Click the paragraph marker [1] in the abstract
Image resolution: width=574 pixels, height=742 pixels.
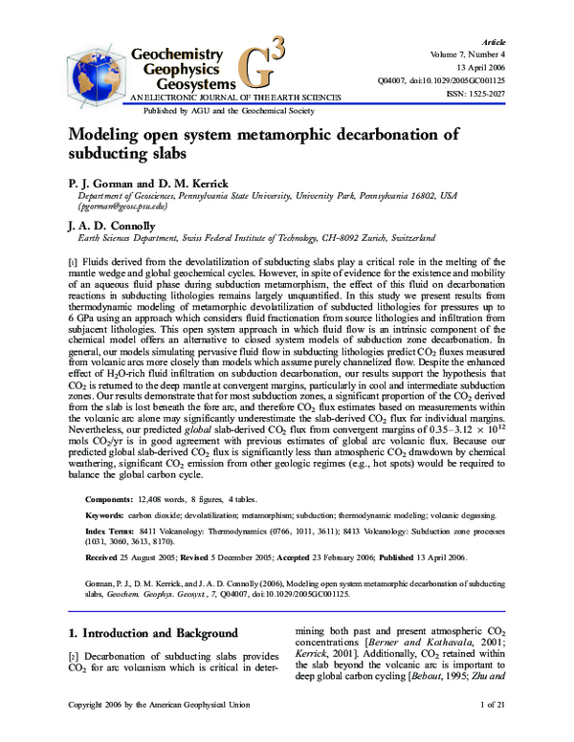pyautogui.click(x=72, y=261)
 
